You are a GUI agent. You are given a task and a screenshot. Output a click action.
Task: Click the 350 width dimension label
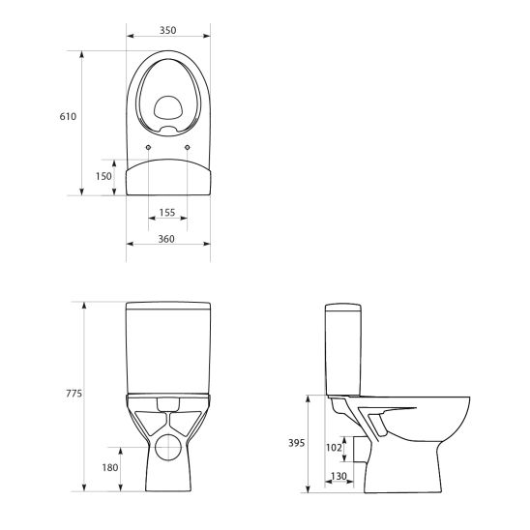click(x=168, y=30)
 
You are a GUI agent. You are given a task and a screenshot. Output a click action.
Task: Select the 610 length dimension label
click(x=67, y=116)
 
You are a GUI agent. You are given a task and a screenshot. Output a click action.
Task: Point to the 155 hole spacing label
click(x=167, y=211)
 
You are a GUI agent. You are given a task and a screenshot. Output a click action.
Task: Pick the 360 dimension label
click(x=167, y=239)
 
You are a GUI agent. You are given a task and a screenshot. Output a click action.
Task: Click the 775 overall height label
click(x=73, y=394)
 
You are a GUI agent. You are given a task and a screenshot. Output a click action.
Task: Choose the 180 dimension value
click(x=109, y=468)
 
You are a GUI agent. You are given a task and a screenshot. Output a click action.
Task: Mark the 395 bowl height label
click(x=296, y=443)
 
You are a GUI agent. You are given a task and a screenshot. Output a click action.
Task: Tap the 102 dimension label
click(x=334, y=447)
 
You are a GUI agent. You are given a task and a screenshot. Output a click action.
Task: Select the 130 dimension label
click(x=339, y=476)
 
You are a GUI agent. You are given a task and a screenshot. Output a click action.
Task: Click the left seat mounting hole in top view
click(x=147, y=147)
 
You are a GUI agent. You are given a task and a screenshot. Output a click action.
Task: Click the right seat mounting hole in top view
click(x=188, y=147)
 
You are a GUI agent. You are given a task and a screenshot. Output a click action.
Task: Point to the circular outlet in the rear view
click(x=168, y=447)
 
